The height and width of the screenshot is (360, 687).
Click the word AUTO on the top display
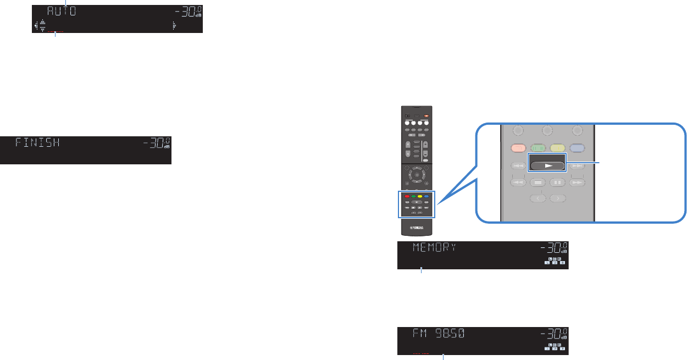(60, 12)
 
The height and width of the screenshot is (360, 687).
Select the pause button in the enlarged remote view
(558, 182)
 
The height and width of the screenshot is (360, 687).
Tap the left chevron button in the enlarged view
(538, 198)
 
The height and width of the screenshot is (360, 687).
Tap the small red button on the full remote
(407, 196)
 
